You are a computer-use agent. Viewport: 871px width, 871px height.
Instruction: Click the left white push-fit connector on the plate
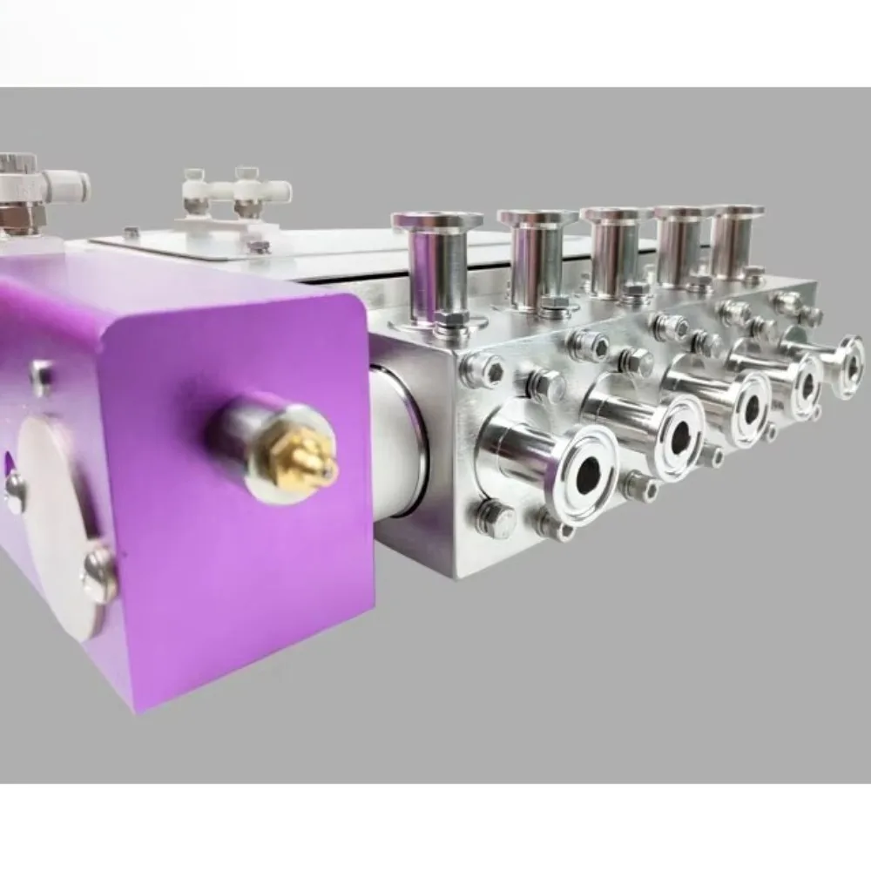point(193,186)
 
